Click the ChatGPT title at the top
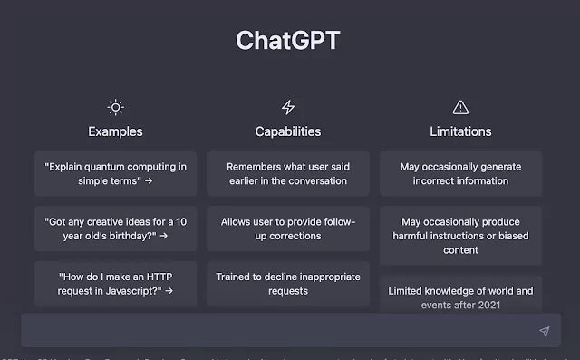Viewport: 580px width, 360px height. [x=289, y=41]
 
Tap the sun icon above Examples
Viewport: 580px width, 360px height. [x=115, y=107]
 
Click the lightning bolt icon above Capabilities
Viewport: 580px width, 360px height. [x=288, y=107]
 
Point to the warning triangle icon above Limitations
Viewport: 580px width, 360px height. [x=460, y=107]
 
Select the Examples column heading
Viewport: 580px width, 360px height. [x=115, y=131]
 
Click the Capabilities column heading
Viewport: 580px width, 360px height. [x=288, y=131]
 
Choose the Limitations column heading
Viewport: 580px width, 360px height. [x=460, y=131]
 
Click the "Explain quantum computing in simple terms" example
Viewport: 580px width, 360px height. [x=115, y=173]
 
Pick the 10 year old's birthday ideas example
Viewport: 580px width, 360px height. [x=115, y=229]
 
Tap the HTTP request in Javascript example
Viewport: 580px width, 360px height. [x=115, y=284]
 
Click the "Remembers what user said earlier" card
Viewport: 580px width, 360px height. [x=287, y=173]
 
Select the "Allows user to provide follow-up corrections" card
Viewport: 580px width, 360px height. [x=287, y=229]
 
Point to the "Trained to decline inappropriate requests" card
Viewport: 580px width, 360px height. [x=287, y=284]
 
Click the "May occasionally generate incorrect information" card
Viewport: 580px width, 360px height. [x=460, y=173]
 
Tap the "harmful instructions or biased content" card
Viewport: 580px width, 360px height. [x=460, y=236]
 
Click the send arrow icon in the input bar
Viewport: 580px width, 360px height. [x=544, y=332]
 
